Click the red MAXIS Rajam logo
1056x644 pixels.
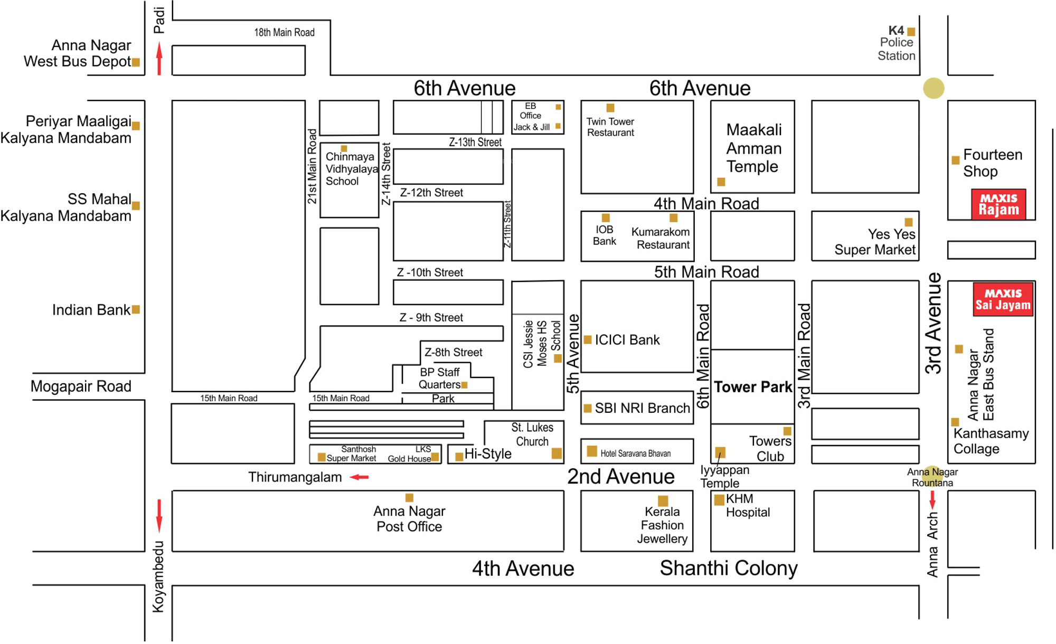[998, 204]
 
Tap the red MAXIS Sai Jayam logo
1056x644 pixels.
[1003, 299]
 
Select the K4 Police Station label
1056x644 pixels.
[896, 43]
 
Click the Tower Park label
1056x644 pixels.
[753, 387]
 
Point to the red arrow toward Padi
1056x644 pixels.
[159, 59]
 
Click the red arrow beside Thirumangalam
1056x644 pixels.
[360, 477]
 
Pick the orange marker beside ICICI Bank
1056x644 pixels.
[588, 340]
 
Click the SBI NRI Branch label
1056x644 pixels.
[642, 408]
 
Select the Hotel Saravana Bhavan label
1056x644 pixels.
[635, 453]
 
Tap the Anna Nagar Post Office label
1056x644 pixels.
[409, 519]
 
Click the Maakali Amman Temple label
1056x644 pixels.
[753, 148]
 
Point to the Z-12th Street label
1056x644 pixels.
[431, 193]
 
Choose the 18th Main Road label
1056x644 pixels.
[284, 33]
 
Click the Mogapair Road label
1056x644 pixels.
[81, 386]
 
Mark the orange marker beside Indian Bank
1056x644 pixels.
[136, 310]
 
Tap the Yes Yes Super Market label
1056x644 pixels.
[875, 242]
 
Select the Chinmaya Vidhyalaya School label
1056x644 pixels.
[351, 169]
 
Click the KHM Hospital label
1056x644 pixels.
[748, 506]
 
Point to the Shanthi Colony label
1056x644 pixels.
[729, 569]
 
